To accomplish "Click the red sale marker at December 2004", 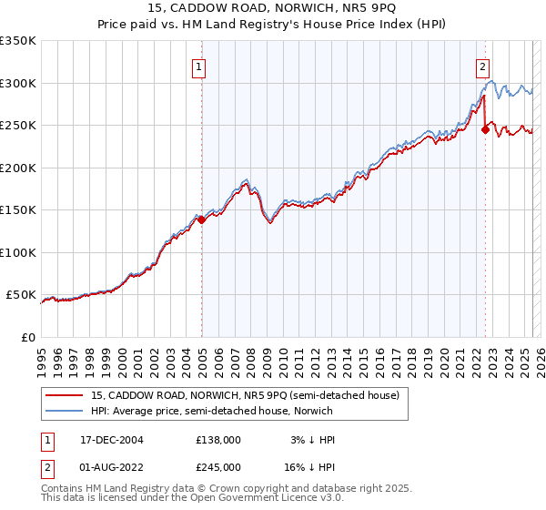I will point(201,219).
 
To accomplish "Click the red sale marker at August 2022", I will point(485,129).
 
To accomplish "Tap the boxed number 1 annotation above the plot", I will point(198,66).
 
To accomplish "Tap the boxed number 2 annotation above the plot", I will point(481,66).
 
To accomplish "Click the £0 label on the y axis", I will point(27,337).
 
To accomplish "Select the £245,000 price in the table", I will point(218,466).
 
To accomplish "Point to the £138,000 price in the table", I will point(218,440).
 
